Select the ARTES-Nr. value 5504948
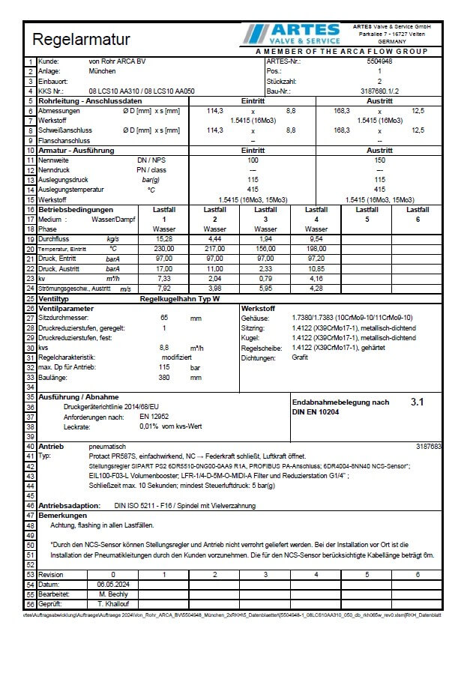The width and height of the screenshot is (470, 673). click(379, 61)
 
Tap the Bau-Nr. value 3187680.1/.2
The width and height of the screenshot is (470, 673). click(379, 91)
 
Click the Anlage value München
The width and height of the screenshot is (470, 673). click(103, 71)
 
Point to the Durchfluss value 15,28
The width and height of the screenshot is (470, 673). click(164, 238)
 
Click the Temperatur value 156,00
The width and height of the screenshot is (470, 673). click(265, 248)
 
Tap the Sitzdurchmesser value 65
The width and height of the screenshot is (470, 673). click(164, 319)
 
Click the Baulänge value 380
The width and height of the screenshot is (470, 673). click(164, 377)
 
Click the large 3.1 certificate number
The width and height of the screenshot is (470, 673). click(418, 402)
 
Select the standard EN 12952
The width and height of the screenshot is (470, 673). click(154, 416)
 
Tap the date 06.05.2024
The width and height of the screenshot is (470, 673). click(113, 584)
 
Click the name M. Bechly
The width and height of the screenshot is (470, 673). click(113, 594)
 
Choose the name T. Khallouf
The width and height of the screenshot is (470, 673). click(113, 603)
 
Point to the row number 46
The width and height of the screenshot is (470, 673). click(31, 505)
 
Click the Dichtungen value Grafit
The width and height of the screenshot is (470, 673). click(300, 357)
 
